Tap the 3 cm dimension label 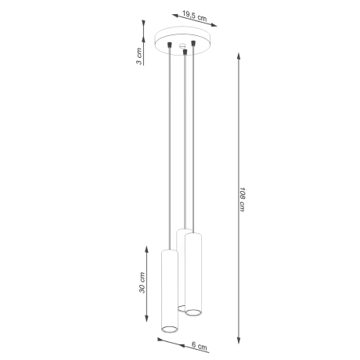click(139, 56)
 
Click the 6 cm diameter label click(200, 346)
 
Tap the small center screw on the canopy click(183, 47)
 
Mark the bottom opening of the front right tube click(193, 312)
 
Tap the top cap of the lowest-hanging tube click(169, 251)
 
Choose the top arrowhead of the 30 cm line click(146, 248)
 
